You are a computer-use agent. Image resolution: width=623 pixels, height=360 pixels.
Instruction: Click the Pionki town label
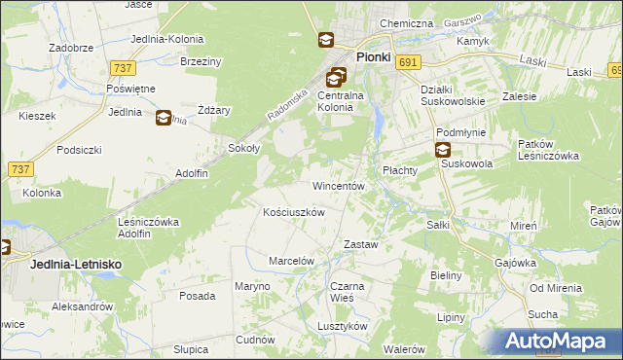[373, 56]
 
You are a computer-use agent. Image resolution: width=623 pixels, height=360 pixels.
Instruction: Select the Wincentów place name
[338, 185]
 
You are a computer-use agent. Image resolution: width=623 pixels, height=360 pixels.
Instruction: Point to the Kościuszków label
[294, 211]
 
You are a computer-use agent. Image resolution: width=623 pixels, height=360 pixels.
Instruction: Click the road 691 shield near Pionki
[409, 62]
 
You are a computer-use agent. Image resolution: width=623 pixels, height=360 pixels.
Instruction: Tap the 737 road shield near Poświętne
[124, 67]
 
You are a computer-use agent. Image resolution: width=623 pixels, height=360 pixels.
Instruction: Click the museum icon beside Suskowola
[443, 150]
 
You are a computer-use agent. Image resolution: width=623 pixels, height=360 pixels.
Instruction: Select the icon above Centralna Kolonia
[336, 76]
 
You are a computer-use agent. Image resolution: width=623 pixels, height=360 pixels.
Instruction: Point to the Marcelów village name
[291, 261]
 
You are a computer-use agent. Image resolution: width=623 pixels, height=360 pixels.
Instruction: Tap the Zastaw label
[361, 245]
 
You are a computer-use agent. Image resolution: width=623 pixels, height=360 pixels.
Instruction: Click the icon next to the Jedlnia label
[163, 117]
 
